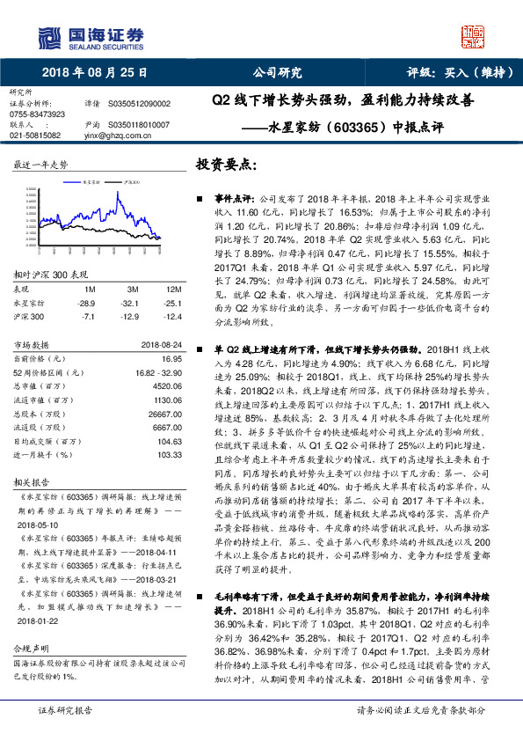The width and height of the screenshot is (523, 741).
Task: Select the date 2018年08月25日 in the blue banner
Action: (x=94, y=73)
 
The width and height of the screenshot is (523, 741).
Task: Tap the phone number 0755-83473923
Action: (x=37, y=114)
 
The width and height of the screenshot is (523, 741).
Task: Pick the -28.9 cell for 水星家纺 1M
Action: (x=86, y=302)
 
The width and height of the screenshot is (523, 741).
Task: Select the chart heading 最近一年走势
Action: (x=40, y=165)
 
